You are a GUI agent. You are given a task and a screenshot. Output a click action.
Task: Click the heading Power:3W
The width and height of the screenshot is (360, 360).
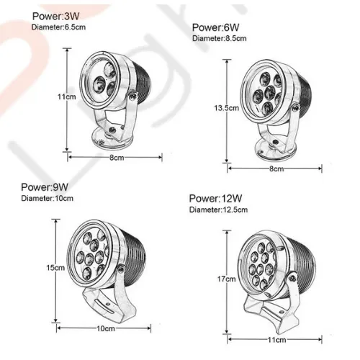pyautogui.click(x=55, y=16)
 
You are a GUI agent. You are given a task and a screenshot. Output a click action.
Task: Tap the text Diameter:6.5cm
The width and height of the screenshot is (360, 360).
pyautogui.click(x=58, y=27)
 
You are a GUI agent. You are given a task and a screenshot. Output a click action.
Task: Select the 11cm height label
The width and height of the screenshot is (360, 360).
pyautogui.click(x=66, y=96)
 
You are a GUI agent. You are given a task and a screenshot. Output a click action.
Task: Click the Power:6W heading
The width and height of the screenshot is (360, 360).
pyautogui.click(x=215, y=27)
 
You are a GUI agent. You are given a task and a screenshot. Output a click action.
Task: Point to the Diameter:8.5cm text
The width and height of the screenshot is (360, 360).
pyautogui.click(x=220, y=38)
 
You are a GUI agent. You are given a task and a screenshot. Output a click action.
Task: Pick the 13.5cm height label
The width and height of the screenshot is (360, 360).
pyautogui.click(x=227, y=108)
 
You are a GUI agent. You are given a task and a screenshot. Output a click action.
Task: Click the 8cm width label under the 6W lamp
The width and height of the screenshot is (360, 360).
pyautogui.click(x=276, y=168)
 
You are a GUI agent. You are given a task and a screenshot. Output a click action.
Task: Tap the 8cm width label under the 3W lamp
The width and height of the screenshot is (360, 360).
pyautogui.click(x=117, y=158)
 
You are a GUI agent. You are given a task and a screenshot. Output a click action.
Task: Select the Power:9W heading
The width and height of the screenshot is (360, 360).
pyautogui.click(x=45, y=187)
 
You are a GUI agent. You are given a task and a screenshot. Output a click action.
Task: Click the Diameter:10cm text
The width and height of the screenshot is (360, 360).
pyautogui.click(x=48, y=199)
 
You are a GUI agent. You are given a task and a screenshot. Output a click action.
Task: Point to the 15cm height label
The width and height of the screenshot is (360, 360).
pyautogui.click(x=55, y=268)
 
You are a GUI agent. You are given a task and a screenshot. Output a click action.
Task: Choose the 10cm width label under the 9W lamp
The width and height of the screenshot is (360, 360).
pyautogui.click(x=106, y=328)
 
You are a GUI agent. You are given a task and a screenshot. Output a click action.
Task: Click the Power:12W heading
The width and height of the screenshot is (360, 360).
pyautogui.click(x=215, y=199)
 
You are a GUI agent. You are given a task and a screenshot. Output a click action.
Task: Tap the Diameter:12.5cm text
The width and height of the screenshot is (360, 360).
pyautogui.click(x=218, y=210)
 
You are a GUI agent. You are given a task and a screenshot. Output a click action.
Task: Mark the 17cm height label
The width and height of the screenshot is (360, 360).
pyautogui.click(x=227, y=279)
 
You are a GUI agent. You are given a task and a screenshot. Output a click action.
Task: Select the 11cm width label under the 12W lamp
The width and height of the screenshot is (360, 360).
pyautogui.click(x=276, y=340)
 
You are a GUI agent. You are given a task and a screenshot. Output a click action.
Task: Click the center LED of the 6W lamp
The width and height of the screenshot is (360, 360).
pyautogui.click(x=270, y=92)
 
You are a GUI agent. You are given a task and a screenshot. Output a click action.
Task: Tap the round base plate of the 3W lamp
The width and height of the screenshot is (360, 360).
pyautogui.click(x=112, y=139)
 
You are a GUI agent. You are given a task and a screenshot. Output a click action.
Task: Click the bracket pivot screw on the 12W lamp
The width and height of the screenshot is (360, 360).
pyautogui.click(x=292, y=278)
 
